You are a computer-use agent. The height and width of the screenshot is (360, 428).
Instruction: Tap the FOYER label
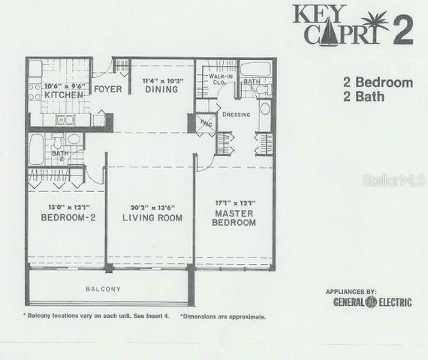(108, 89)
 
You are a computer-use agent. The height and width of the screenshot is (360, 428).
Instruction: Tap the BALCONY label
(104, 289)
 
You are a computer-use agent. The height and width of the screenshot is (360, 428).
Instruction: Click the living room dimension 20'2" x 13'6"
(148, 207)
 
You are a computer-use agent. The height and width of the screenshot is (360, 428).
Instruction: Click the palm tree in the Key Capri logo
(375, 21)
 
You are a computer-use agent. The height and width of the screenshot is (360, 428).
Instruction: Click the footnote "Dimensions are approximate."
(223, 316)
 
